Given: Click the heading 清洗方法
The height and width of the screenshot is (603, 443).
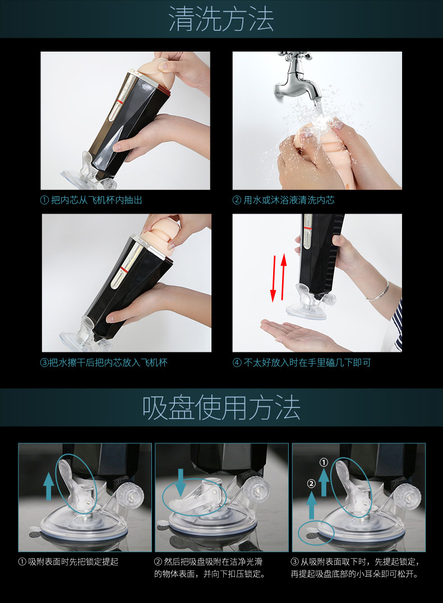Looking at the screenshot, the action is point(221,19).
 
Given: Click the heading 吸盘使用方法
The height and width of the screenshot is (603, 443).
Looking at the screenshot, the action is point(221,407).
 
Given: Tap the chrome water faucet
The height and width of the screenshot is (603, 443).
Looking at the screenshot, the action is point(299,79).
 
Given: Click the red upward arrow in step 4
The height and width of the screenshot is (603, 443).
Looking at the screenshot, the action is point(284,276).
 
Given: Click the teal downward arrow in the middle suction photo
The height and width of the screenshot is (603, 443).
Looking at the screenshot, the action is point(181,482).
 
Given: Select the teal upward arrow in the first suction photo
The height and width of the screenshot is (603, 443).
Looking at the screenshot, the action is point(49,486).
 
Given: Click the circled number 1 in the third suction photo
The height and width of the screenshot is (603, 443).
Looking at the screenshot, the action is point(324,462).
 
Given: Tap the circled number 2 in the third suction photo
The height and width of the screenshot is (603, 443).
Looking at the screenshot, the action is point(312,484).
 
